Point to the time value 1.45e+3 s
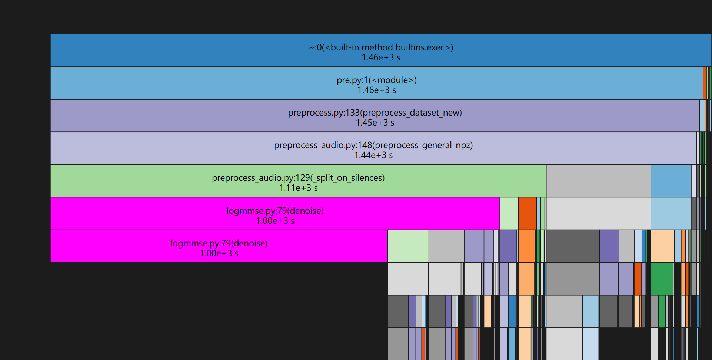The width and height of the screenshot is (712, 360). [x=375, y=123]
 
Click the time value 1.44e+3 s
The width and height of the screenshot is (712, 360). [x=373, y=155]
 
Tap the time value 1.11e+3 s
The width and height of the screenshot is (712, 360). [x=298, y=188]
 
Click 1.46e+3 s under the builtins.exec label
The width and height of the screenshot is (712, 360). [x=381, y=57]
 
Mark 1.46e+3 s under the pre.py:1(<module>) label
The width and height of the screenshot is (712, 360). [x=376, y=90]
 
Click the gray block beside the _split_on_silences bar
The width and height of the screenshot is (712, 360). [x=598, y=181]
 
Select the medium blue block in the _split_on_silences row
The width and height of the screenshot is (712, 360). [x=671, y=181]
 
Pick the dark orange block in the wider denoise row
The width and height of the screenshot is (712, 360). [x=527, y=213]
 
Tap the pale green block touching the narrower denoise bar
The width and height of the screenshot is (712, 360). [x=408, y=246]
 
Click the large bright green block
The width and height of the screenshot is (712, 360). [x=662, y=279]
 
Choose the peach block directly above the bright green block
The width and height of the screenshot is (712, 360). [x=662, y=246]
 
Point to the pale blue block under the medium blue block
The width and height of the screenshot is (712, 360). [x=671, y=213]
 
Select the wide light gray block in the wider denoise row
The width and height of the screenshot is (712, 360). [x=598, y=213]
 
